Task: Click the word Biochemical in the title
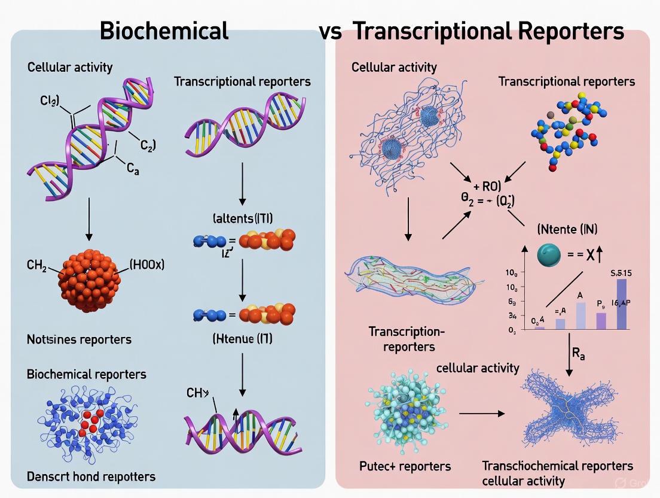coord(164,30)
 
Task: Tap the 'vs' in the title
coord(330,31)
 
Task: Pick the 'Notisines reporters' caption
coord(79,339)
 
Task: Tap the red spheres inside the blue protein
coord(90,422)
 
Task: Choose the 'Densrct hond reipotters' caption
coord(91,476)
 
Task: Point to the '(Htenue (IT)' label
coord(243,339)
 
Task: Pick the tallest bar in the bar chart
coord(621,303)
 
